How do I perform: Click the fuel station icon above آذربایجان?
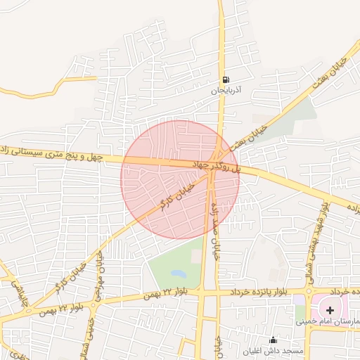click(x=225, y=79)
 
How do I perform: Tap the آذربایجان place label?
click(x=226, y=91)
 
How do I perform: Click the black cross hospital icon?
click(x=330, y=309)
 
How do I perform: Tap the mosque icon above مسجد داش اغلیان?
click(x=273, y=340)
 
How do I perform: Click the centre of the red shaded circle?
click(x=180, y=179)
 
